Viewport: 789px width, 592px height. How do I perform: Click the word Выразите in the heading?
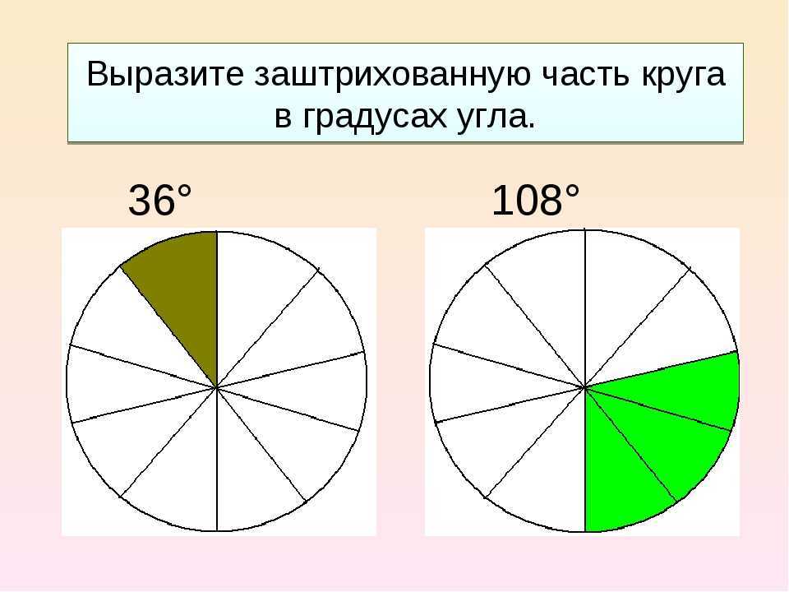(165, 75)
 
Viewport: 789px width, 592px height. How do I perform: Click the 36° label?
(160, 201)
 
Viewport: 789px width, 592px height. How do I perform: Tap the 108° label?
(535, 201)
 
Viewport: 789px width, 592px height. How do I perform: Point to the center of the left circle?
(217, 387)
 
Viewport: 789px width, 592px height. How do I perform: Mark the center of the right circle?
(584, 387)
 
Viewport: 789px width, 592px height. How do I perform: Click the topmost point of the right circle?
(584, 230)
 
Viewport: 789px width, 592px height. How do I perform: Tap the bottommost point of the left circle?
(217, 531)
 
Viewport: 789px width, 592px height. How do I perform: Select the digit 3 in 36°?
(138, 201)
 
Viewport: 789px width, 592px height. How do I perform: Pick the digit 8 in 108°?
(551, 201)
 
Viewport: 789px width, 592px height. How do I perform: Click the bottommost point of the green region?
(586, 532)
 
